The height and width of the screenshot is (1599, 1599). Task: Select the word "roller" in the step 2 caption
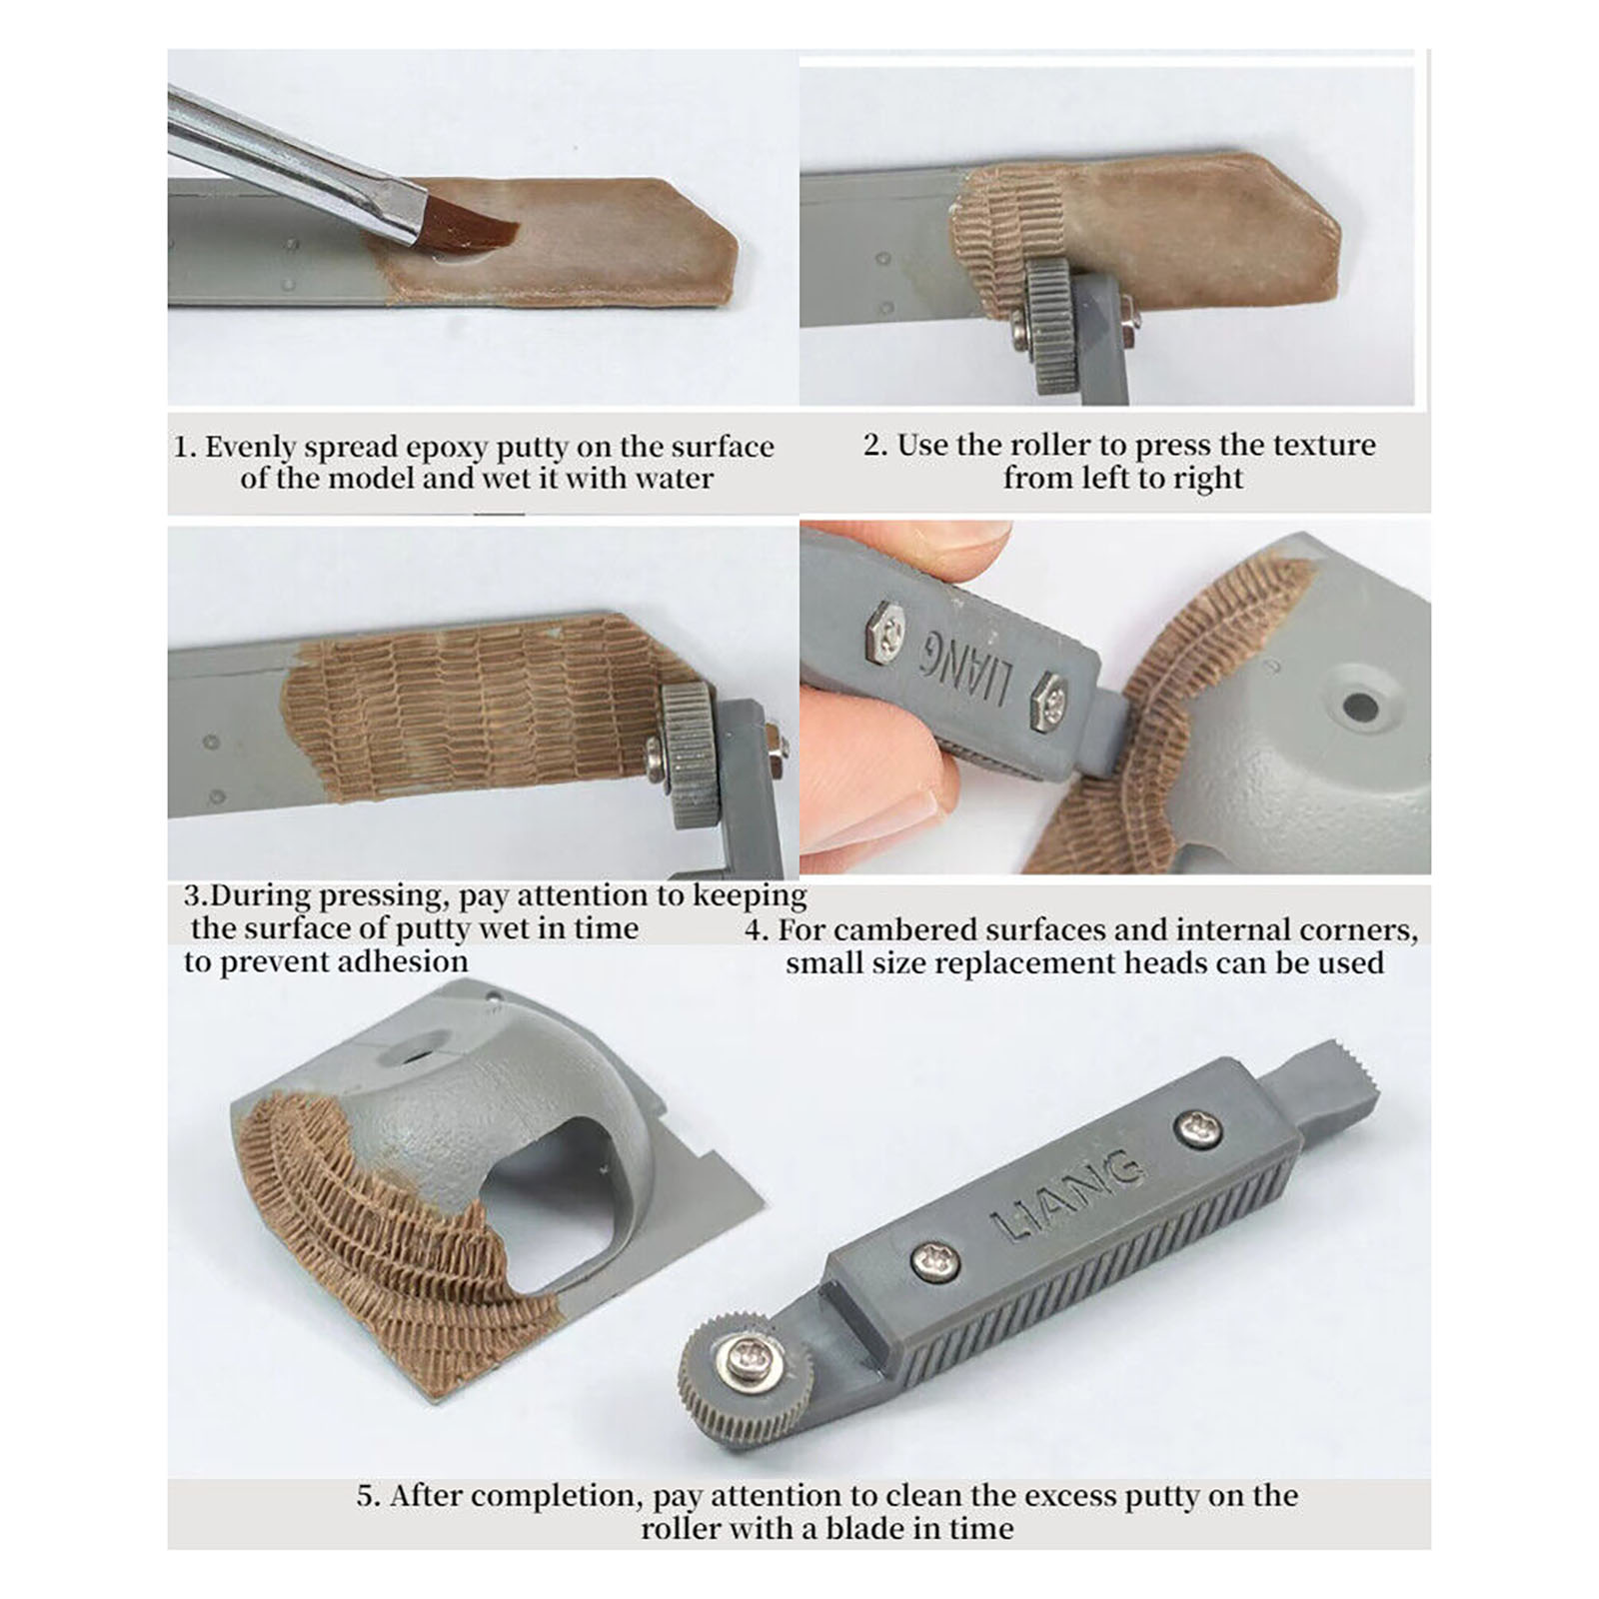click(1051, 445)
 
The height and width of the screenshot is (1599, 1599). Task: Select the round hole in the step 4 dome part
click(1359, 706)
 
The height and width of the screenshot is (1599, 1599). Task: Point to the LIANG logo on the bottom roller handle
click(1066, 1195)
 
